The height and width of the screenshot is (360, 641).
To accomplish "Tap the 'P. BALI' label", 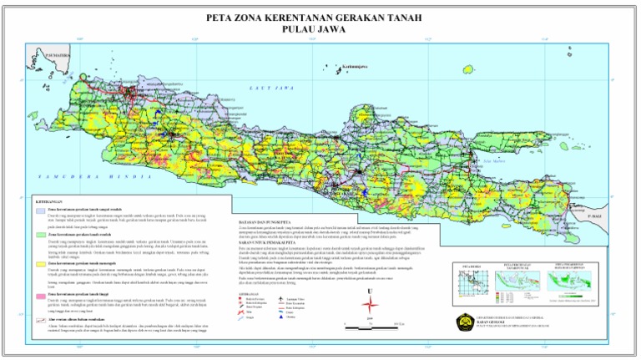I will [x=593, y=215].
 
